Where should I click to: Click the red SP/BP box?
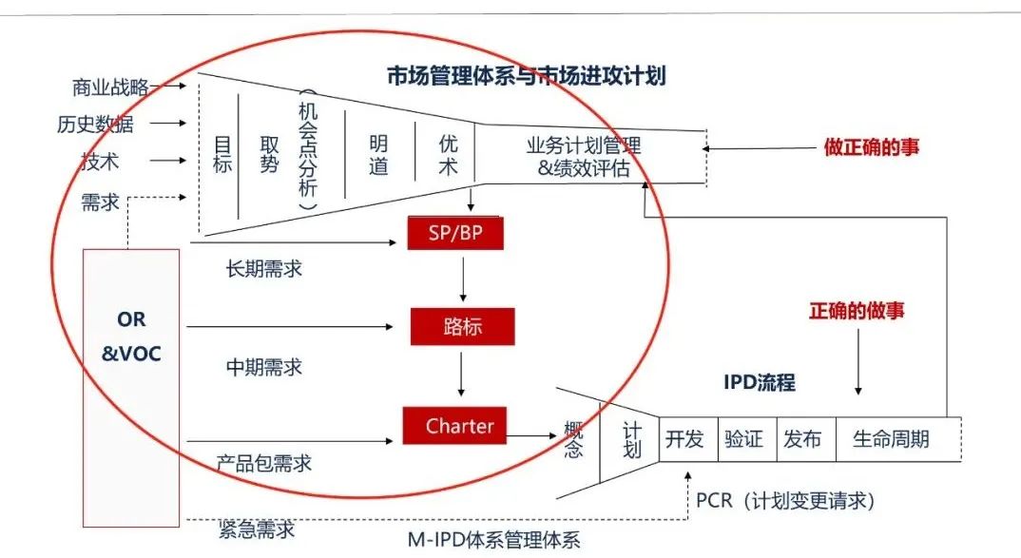point(453,233)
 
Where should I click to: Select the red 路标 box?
point(462,327)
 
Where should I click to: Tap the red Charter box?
point(453,426)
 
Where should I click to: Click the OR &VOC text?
point(131,337)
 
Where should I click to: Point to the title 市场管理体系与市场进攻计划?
point(526,76)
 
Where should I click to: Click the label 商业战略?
point(109,87)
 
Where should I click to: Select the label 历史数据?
point(95,124)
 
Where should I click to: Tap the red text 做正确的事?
point(871,147)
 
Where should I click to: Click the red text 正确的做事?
point(857,311)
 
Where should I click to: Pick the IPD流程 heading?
point(759,383)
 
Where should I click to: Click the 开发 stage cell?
point(684,439)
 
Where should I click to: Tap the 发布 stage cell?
point(803,439)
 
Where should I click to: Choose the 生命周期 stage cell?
point(891,439)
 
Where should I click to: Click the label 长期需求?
point(263,268)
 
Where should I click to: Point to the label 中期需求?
point(263,366)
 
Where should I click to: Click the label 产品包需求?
point(263,464)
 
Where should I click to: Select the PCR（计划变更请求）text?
point(784,500)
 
